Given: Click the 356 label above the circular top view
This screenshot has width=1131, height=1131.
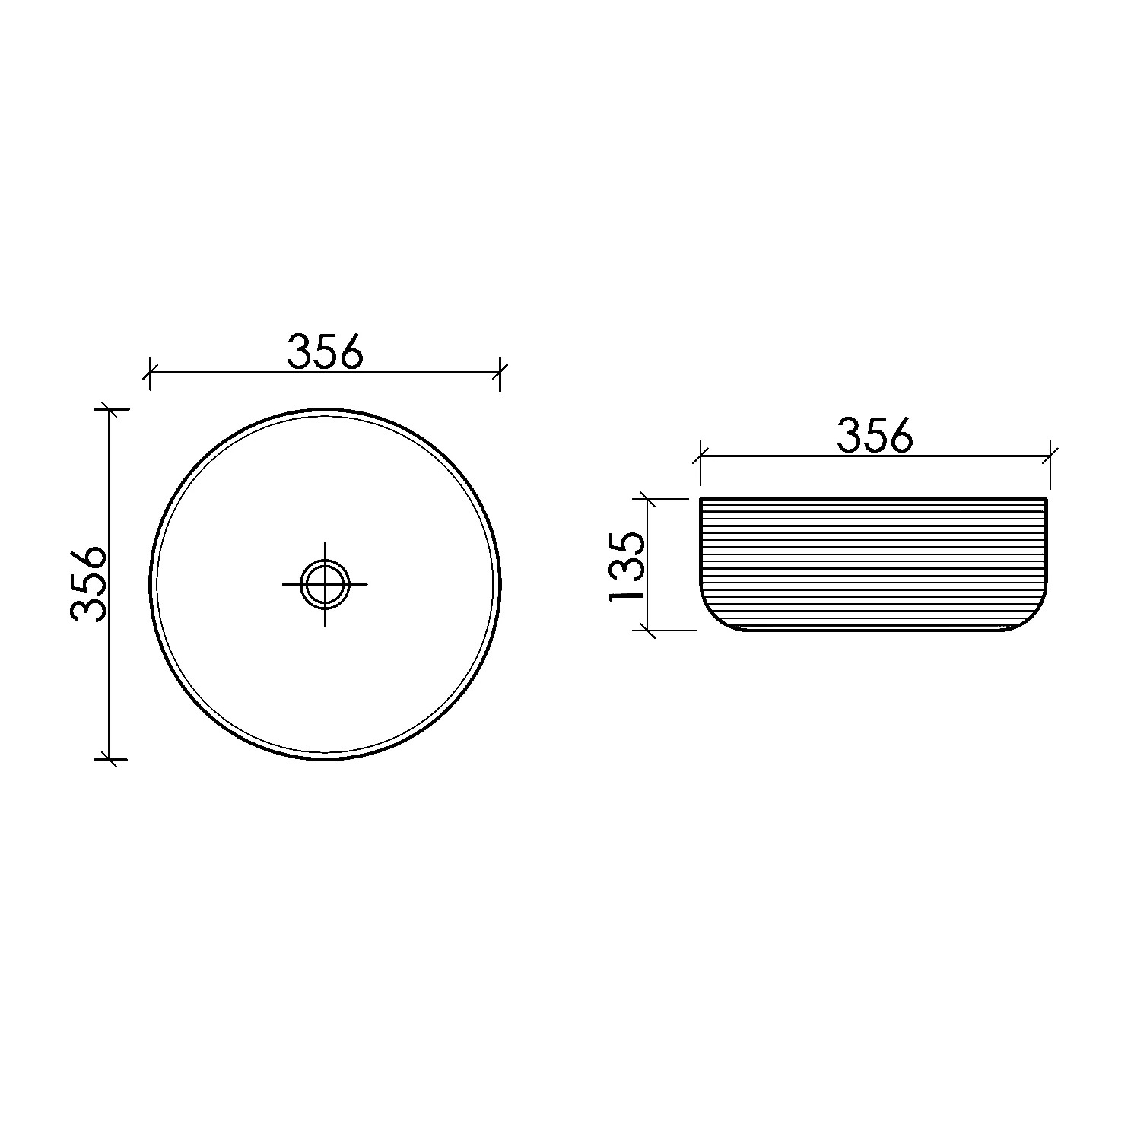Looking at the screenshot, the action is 326,351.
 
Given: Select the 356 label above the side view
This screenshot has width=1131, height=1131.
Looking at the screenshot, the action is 875,436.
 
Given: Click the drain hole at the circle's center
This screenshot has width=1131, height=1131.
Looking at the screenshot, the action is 326,584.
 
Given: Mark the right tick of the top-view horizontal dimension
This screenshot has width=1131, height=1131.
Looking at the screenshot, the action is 500,372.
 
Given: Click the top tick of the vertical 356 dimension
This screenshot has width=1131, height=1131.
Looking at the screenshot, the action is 110,409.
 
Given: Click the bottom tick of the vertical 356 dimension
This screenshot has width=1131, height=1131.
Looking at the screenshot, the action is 110,758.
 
